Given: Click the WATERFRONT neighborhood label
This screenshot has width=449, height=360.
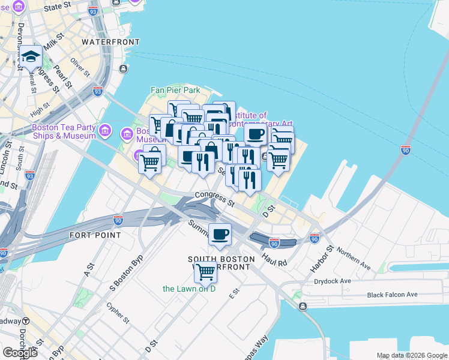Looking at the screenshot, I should [x=110, y=42].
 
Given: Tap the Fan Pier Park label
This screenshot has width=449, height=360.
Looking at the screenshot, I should [x=175, y=90].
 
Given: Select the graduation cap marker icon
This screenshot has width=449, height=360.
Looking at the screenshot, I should [x=30, y=58].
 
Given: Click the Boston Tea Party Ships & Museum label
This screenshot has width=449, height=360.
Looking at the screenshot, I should [x=64, y=131].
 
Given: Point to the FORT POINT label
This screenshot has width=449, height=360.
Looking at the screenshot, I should [x=95, y=235].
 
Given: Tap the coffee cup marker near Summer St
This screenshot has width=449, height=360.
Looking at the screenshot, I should [x=220, y=233].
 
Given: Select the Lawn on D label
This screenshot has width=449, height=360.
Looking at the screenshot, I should [x=189, y=289].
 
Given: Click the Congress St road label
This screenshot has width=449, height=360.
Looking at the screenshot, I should [x=214, y=199].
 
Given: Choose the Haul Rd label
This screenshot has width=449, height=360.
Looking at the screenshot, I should [x=274, y=262].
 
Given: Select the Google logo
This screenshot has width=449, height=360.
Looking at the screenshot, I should [x=20, y=352].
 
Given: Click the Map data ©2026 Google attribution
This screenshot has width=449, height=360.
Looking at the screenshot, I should [x=412, y=355].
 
